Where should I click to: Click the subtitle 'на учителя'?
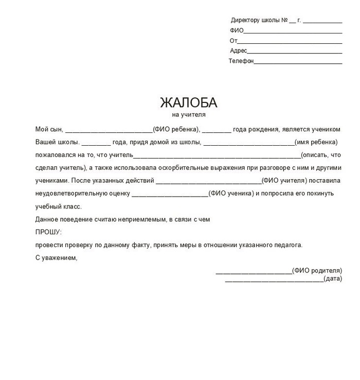(x=189, y=115)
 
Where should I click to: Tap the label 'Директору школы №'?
(x=259, y=21)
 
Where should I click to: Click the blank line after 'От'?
(x=290, y=41)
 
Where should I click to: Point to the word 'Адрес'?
(x=238, y=51)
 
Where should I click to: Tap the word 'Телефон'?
(x=241, y=61)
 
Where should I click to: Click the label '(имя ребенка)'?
(x=315, y=142)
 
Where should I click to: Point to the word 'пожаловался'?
(x=54, y=154)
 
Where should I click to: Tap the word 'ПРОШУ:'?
(x=48, y=232)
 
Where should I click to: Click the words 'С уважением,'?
(x=56, y=258)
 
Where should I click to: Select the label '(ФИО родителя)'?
(x=316, y=270)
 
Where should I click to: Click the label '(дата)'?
(x=333, y=279)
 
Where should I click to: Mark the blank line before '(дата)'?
(x=274, y=280)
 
